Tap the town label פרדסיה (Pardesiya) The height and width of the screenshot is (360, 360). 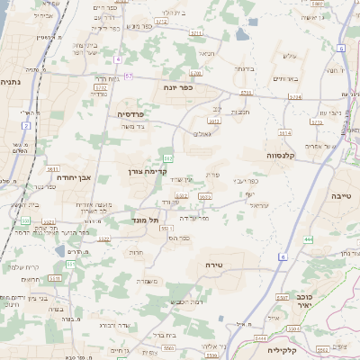pos(137,114)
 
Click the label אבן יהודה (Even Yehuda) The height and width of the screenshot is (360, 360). pos(75,177)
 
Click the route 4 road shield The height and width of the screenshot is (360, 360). pos(117,58)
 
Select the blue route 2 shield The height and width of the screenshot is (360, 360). pos(26,125)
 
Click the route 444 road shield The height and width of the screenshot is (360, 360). pos(308,239)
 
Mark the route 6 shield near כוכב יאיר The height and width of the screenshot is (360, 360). pos(281,257)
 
